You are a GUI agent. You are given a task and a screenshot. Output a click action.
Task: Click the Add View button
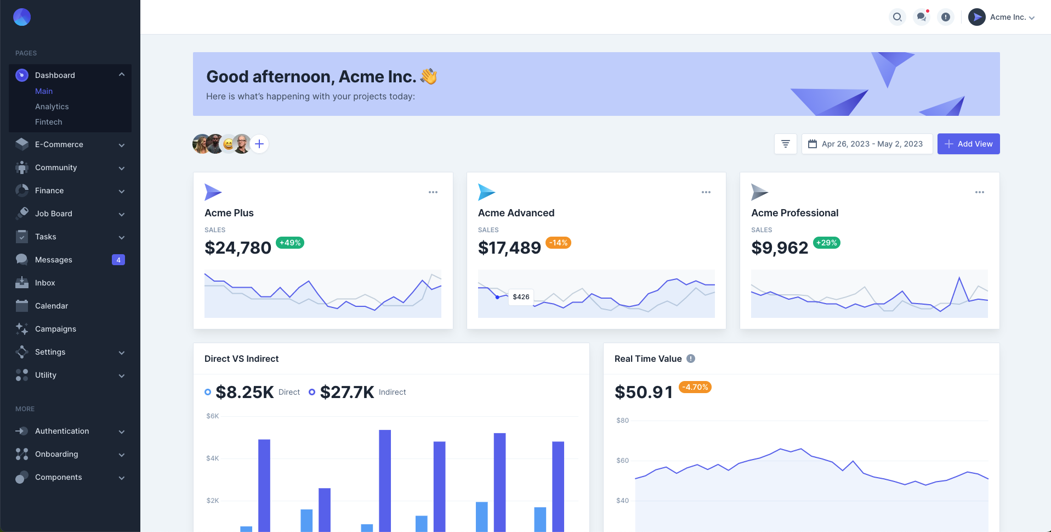pyautogui.click(x=968, y=144)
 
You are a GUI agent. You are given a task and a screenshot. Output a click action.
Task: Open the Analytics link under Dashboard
pyautogui.click(x=52, y=107)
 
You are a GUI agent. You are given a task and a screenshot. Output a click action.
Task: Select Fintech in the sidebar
pyautogui.click(x=49, y=122)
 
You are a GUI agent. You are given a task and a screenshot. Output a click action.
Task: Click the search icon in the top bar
pyautogui.click(x=897, y=17)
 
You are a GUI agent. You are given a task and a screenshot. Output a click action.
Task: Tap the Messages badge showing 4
pyautogui.click(x=118, y=260)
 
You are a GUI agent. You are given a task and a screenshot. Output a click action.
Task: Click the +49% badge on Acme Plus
pyautogui.click(x=290, y=243)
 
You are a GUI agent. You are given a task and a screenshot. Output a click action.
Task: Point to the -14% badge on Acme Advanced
pyautogui.click(x=559, y=243)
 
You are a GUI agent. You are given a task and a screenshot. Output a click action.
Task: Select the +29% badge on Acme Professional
pyautogui.click(x=826, y=243)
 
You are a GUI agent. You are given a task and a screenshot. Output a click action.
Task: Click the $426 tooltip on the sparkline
pyautogui.click(x=521, y=297)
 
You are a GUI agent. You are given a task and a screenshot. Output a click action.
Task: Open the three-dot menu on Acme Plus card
pyautogui.click(x=433, y=192)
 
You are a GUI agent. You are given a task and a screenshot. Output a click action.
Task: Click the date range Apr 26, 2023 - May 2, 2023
pyautogui.click(x=867, y=144)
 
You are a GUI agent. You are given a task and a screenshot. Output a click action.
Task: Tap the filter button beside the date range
pyautogui.click(x=786, y=144)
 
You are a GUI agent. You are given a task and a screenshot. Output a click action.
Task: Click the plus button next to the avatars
pyautogui.click(x=259, y=144)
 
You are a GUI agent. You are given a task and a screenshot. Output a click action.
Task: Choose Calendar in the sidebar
pyautogui.click(x=52, y=306)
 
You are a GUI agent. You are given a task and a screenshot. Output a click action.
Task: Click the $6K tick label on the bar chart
pyautogui.click(x=212, y=416)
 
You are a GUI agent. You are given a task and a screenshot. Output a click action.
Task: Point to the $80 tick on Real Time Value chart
pyautogui.click(x=622, y=421)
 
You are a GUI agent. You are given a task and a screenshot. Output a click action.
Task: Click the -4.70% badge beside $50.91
pyautogui.click(x=695, y=387)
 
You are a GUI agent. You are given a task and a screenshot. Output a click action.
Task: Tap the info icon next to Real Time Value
pyautogui.click(x=691, y=359)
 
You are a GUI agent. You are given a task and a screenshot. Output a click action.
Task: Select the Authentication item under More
pyautogui.click(x=62, y=431)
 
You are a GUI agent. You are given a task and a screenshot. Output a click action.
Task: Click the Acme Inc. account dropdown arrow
pyautogui.click(x=1032, y=18)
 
